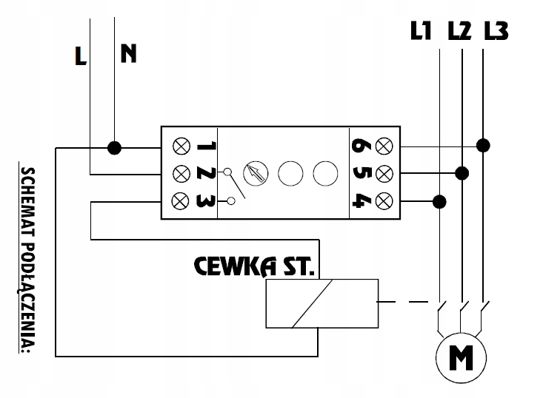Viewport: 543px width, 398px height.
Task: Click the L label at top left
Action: [81, 56]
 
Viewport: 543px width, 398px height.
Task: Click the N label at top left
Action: [129, 53]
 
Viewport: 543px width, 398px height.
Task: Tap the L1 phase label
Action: [421, 31]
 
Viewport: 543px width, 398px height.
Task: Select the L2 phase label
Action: [459, 31]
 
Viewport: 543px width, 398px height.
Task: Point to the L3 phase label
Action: [496, 31]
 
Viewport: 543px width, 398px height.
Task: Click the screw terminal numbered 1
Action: [180, 145]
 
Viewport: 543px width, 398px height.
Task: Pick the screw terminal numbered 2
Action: [180, 173]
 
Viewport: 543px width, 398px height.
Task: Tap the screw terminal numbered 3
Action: [180, 200]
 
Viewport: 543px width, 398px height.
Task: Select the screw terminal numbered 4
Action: [384, 200]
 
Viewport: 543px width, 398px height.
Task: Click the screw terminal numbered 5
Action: [384, 173]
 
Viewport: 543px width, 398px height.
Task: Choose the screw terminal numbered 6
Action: [384, 145]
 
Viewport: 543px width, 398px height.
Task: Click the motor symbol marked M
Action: [462, 359]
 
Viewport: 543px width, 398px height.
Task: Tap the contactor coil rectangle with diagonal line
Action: [322, 303]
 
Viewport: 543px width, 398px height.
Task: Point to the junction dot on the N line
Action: [114, 148]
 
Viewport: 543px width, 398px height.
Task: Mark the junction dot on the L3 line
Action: [483, 144]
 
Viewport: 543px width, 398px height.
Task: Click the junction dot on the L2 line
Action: [462, 173]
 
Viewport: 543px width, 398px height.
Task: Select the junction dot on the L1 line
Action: [440, 200]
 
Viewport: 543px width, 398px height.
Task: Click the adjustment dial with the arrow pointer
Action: [256, 172]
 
